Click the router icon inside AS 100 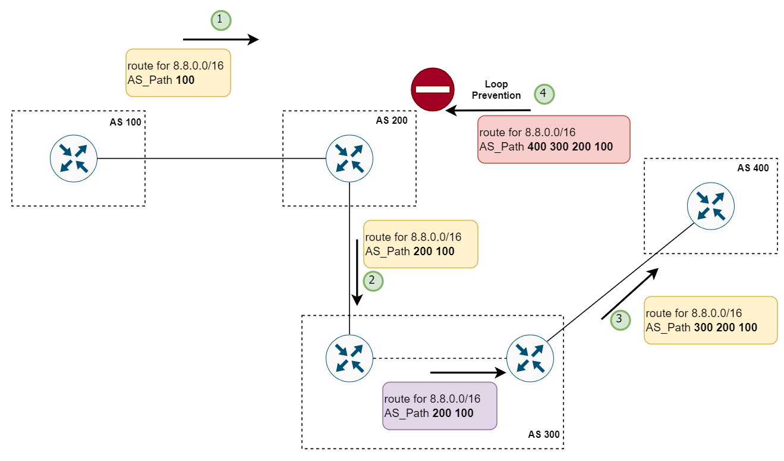point(73,158)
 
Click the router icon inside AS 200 point(350,158)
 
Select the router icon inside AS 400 point(710,206)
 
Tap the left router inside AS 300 point(350,358)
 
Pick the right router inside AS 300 point(530,359)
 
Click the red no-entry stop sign point(433,89)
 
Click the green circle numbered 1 point(221,20)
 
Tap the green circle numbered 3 point(620,319)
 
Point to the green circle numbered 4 point(543,93)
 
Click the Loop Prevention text point(496,90)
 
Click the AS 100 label point(125,123)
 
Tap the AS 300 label point(543,434)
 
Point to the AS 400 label point(752,168)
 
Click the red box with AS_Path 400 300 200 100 point(553,139)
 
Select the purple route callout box point(439,406)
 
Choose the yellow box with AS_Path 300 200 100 point(710,320)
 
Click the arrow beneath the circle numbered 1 point(221,40)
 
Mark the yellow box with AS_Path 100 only point(178,73)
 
